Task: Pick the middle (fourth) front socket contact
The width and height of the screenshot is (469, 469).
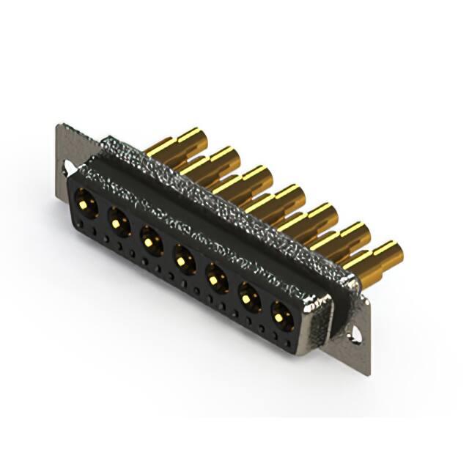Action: click(x=182, y=257)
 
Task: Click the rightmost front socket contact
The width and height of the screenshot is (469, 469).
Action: click(x=282, y=316)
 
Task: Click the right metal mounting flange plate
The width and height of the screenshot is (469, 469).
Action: click(x=363, y=344)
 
